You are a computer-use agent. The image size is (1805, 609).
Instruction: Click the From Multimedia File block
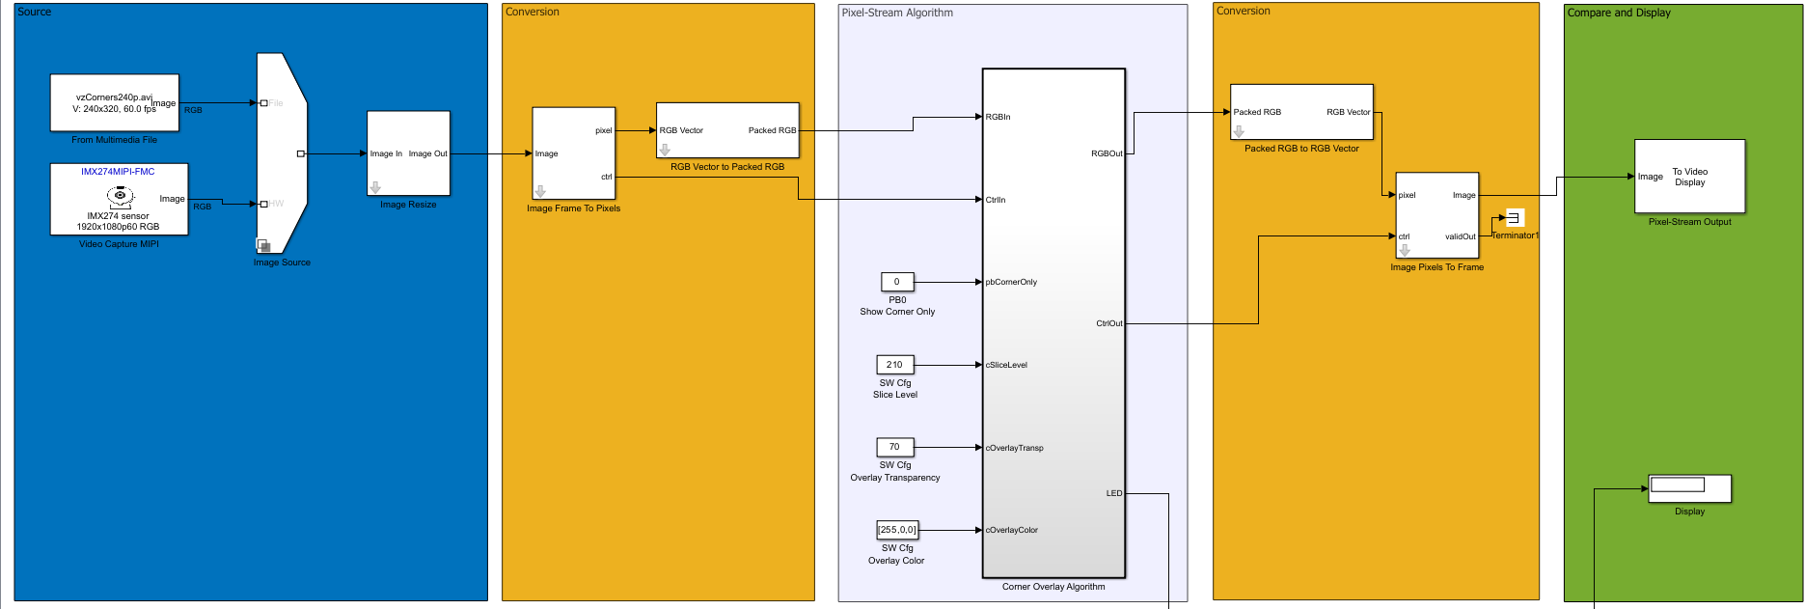pyautogui.click(x=114, y=102)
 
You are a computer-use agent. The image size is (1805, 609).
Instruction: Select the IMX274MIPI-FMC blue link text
pyautogui.click(x=118, y=172)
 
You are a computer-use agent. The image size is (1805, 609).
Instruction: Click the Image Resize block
pyautogui.click(x=408, y=152)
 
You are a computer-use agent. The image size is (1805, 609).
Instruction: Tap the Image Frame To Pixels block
pyautogui.click(x=573, y=152)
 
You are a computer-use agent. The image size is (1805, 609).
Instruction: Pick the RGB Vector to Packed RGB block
pyautogui.click(x=727, y=130)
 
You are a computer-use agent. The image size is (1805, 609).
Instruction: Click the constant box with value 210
pyautogui.click(x=894, y=365)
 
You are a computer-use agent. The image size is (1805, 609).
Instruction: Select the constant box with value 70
pyautogui.click(x=894, y=447)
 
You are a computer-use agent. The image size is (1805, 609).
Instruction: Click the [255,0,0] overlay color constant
pyautogui.click(x=896, y=530)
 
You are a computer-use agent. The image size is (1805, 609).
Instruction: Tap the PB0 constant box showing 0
pyautogui.click(x=896, y=282)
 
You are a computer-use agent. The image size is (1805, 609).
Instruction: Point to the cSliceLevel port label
pyautogui.click(x=1006, y=365)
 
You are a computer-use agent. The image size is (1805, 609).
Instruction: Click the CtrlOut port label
pyautogui.click(x=1108, y=323)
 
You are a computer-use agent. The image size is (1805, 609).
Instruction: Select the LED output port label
pyautogui.click(x=1113, y=493)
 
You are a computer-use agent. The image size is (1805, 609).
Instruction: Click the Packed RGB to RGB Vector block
pyautogui.click(x=1300, y=112)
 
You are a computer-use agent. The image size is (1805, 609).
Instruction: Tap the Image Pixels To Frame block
pyautogui.click(x=1436, y=215)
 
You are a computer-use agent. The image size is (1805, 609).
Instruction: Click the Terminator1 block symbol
pyautogui.click(x=1515, y=218)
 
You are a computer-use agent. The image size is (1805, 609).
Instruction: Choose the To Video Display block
pyautogui.click(x=1689, y=177)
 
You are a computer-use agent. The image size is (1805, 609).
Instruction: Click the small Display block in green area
pyautogui.click(x=1689, y=487)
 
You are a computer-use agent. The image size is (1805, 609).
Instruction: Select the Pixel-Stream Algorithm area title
pyautogui.click(x=896, y=13)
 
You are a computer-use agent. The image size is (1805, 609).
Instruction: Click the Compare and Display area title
pyautogui.click(x=1618, y=13)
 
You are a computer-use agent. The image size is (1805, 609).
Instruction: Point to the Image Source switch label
pyautogui.click(x=282, y=263)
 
